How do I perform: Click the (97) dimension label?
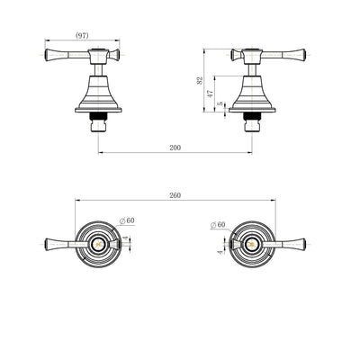(x=82, y=35)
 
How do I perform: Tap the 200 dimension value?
(x=175, y=148)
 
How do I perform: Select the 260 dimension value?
(x=175, y=195)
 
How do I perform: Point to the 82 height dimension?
(x=200, y=80)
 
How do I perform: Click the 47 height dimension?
(x=211, y=94)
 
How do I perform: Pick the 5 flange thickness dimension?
(x=221, y=103)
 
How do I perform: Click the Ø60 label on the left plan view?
(x=127, y=220)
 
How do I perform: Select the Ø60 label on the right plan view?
(x=218, y=225)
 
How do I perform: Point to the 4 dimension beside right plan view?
(x=221, y=252)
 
